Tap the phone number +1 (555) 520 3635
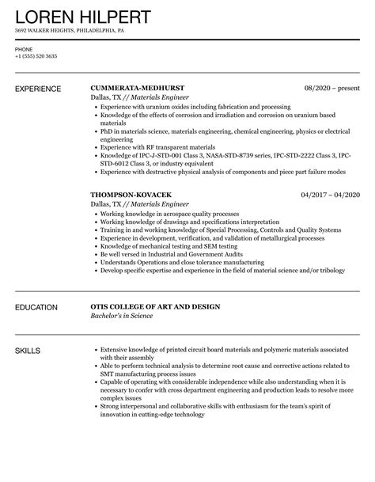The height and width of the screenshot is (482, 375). tap(36, 56)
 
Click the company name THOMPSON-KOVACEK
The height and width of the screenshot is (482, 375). tap(135, 194)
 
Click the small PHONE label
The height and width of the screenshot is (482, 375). tap(24, 49)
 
